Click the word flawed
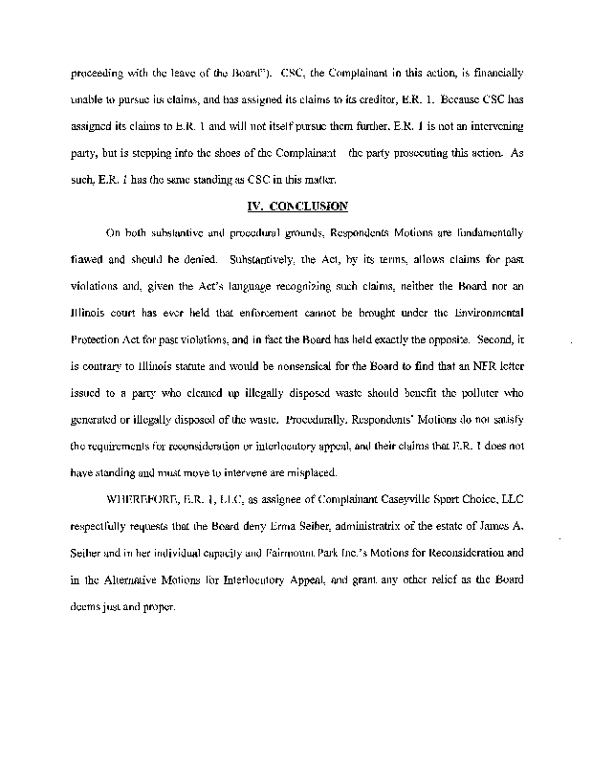(89, 258)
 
